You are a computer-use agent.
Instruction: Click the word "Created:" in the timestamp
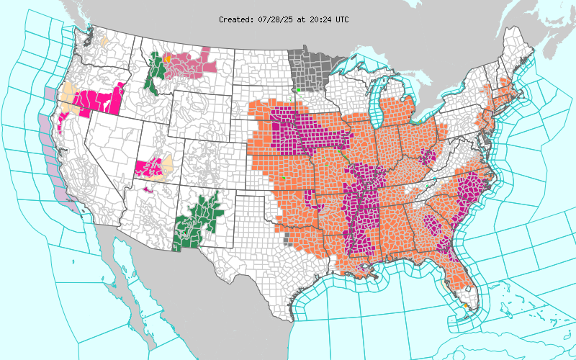click(x=235, y=19)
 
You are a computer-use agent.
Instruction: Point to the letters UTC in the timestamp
click(x=341, y=19)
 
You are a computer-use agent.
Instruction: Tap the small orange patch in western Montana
click(x=167, y=58)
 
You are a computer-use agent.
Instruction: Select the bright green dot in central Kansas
click(x=284, y=176)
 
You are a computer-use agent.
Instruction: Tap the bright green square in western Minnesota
click(x=298, y=90)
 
